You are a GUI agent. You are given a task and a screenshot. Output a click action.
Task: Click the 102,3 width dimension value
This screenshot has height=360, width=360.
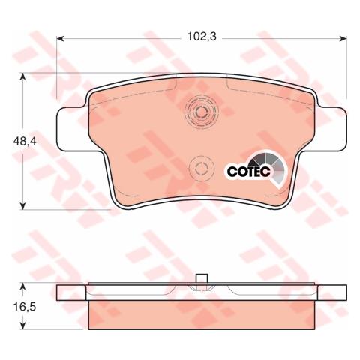[x=202, y=37]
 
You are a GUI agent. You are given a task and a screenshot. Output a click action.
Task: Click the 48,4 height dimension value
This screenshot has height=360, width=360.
[x=25, y=142]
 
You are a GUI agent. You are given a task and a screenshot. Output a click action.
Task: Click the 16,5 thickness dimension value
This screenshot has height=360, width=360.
[x=25, y=307]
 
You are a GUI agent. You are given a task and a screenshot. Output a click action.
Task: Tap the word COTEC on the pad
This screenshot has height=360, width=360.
[x=249, y=171]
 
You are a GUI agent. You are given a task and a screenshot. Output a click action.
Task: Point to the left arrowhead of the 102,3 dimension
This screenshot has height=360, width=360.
[x=61, y=38]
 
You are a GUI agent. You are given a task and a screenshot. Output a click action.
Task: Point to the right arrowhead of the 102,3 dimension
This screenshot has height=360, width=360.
[x=343, y=38]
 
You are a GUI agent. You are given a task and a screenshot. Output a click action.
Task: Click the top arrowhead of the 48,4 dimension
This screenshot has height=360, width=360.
[x=22, y=76]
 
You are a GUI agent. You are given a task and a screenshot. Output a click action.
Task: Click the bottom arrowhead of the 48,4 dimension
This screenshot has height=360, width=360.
[x=22, y=205]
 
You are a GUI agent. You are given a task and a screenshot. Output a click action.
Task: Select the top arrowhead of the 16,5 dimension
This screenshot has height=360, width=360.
[x=22, y=286]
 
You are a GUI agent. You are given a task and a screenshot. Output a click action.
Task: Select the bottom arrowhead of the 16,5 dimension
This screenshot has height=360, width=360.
[x=22, y=325]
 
